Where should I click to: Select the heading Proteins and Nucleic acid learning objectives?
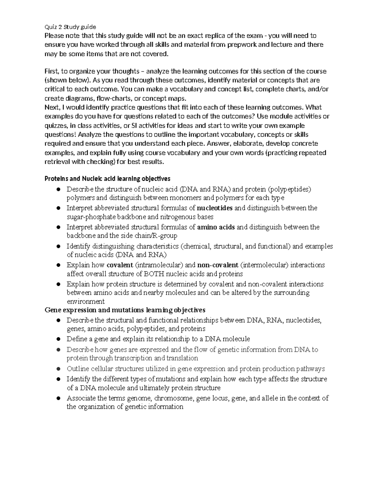[107, 179]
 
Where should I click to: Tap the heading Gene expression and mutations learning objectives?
[125, 310]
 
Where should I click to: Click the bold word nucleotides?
[214, 208]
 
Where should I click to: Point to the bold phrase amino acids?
[216, 227]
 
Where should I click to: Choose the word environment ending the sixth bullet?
[85, 301]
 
